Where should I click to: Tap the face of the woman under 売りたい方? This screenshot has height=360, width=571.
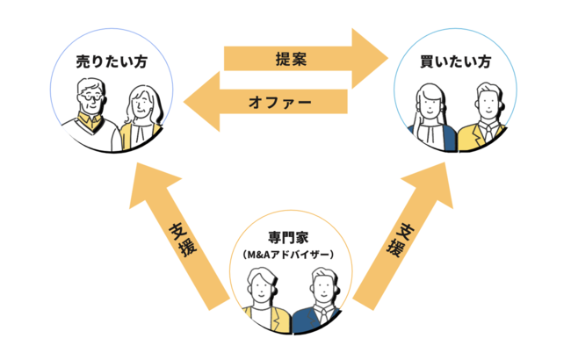(x=141, y=105)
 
